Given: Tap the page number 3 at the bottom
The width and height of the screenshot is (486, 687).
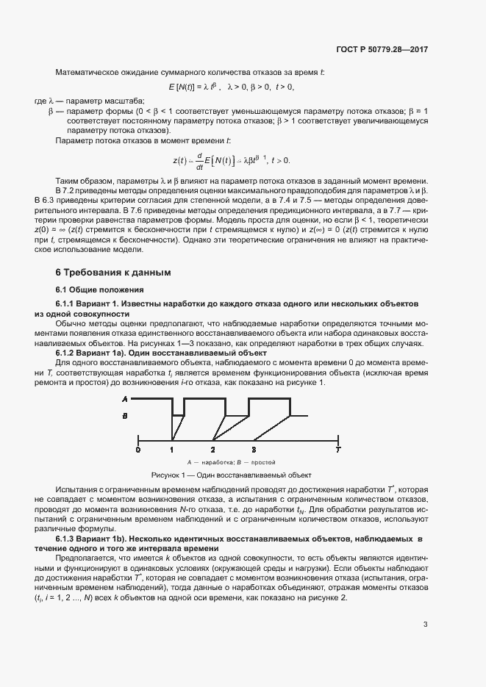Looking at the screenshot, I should tap(426, 625).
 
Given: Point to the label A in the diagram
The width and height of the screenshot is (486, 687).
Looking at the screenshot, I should tap(125, 399).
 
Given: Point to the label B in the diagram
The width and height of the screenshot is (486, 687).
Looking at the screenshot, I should tap(125, 416).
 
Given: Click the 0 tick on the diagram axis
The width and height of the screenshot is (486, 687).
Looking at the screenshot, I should tap(137, 448).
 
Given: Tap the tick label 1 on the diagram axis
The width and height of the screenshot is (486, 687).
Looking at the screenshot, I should tap(172, 448).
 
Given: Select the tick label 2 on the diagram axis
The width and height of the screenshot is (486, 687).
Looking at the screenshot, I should tap(212, 448).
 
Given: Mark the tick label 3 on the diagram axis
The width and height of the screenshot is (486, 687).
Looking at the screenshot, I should tap(254, 448).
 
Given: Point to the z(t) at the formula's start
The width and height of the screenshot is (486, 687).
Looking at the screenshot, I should tap(179, 160).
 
